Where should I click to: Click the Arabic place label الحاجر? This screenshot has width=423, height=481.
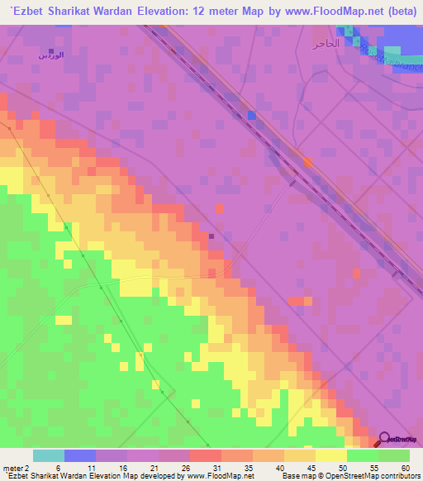click(x=326, y=42)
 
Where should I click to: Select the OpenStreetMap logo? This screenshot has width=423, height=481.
click(x=400, y=439)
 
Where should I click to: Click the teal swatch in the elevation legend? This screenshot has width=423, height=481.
click(x=49, y=455)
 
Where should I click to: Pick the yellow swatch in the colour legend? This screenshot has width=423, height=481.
click(x=331, y=455)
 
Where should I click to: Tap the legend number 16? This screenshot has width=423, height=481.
click(x=122, y=469)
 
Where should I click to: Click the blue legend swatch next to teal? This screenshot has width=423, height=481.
click(x=80, y=455)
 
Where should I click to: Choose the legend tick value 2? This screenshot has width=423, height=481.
click(x=27, y=469)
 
